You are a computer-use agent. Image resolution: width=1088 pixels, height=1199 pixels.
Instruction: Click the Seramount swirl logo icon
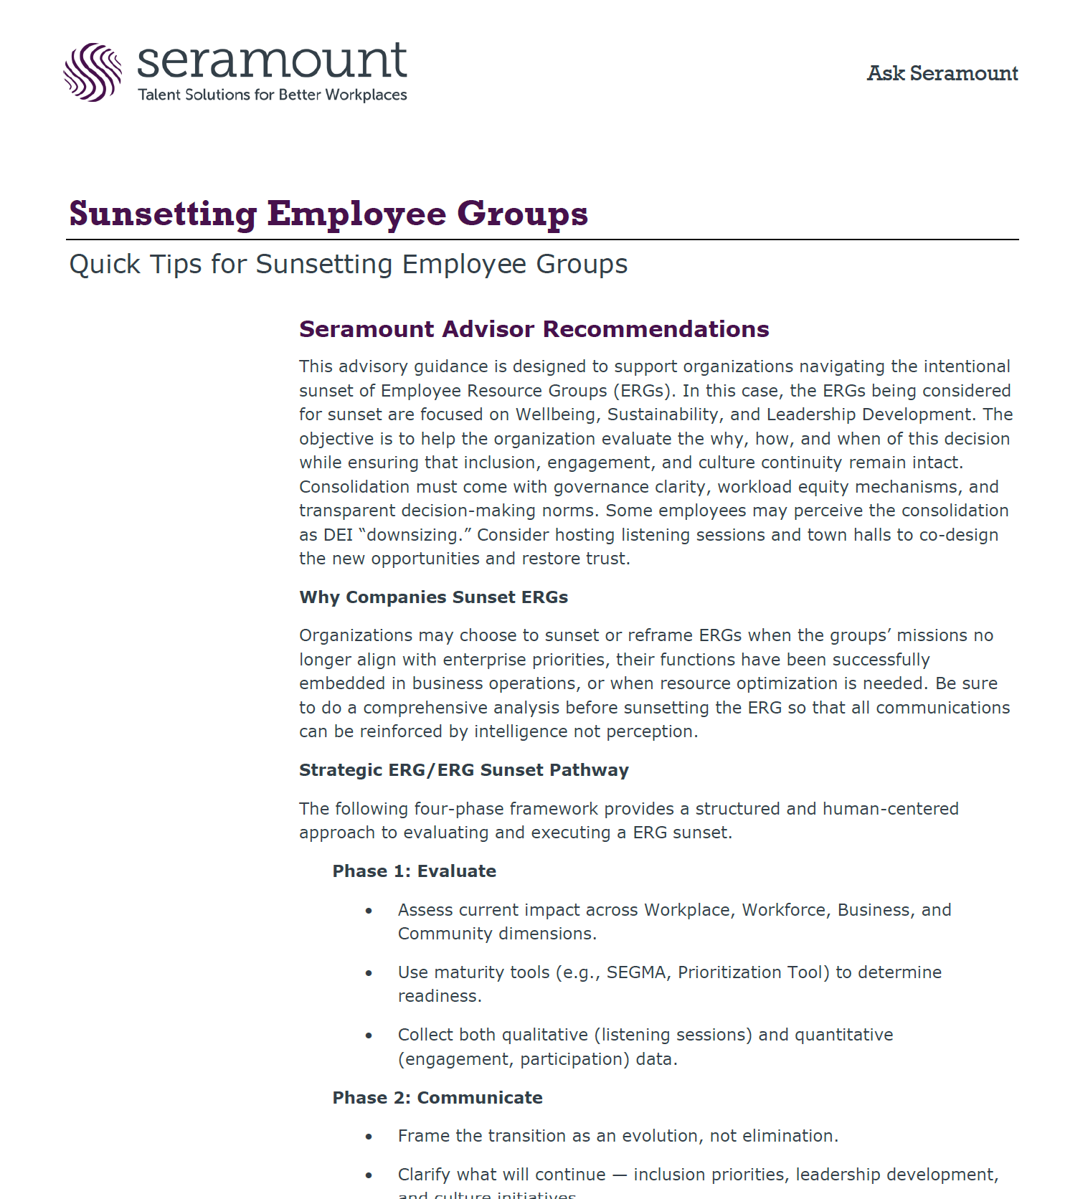[x=93, y=72]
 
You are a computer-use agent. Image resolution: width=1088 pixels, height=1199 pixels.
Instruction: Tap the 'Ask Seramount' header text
[x=942, y=73]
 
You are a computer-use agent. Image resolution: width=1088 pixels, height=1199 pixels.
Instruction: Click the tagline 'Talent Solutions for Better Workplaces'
[x=272, y=95]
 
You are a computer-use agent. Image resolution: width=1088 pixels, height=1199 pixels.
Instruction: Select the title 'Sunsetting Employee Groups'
[x=328, y=214]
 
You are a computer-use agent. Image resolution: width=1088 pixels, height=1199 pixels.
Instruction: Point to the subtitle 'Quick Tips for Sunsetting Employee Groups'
[x=348, y=264]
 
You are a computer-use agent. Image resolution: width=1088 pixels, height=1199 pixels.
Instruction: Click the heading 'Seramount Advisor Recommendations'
[x=534, y=329]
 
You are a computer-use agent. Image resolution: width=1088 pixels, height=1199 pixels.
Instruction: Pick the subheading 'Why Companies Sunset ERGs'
[x=433, y=597]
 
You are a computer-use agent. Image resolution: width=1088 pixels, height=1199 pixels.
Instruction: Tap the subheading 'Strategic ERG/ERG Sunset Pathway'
[x=463, y=770]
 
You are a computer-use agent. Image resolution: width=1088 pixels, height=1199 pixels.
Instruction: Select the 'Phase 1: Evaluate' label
[x=414, y=871]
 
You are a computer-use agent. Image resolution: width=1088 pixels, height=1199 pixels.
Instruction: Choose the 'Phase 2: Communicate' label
[x=437, y=1098]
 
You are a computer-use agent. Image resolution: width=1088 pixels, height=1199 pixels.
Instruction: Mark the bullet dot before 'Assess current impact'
[x=369, y=911]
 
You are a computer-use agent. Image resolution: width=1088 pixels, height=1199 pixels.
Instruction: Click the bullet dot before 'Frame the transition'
[x=369, y=1137]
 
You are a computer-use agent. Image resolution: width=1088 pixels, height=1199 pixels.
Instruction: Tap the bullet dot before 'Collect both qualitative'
[x=369, y=1035]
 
